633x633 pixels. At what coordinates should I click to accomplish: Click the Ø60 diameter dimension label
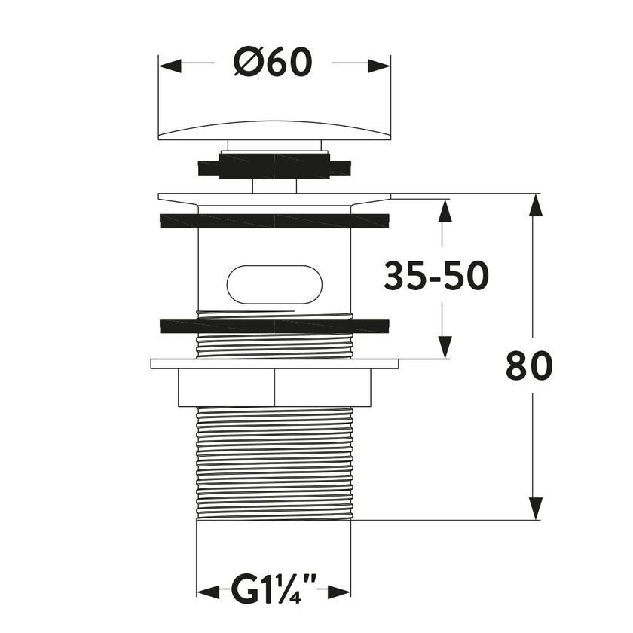click(273, 63)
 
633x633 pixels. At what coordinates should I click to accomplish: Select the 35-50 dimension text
click(436, 277)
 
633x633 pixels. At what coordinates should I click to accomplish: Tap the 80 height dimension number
click(529, 366)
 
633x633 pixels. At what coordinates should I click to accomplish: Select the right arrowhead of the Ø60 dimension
click(379, 66)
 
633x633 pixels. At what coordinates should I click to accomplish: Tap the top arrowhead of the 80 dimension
click(534, 206)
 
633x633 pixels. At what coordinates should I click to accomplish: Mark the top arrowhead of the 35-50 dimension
click(445, 211)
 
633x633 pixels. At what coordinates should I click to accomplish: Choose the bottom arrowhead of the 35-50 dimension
click(445, 347)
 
